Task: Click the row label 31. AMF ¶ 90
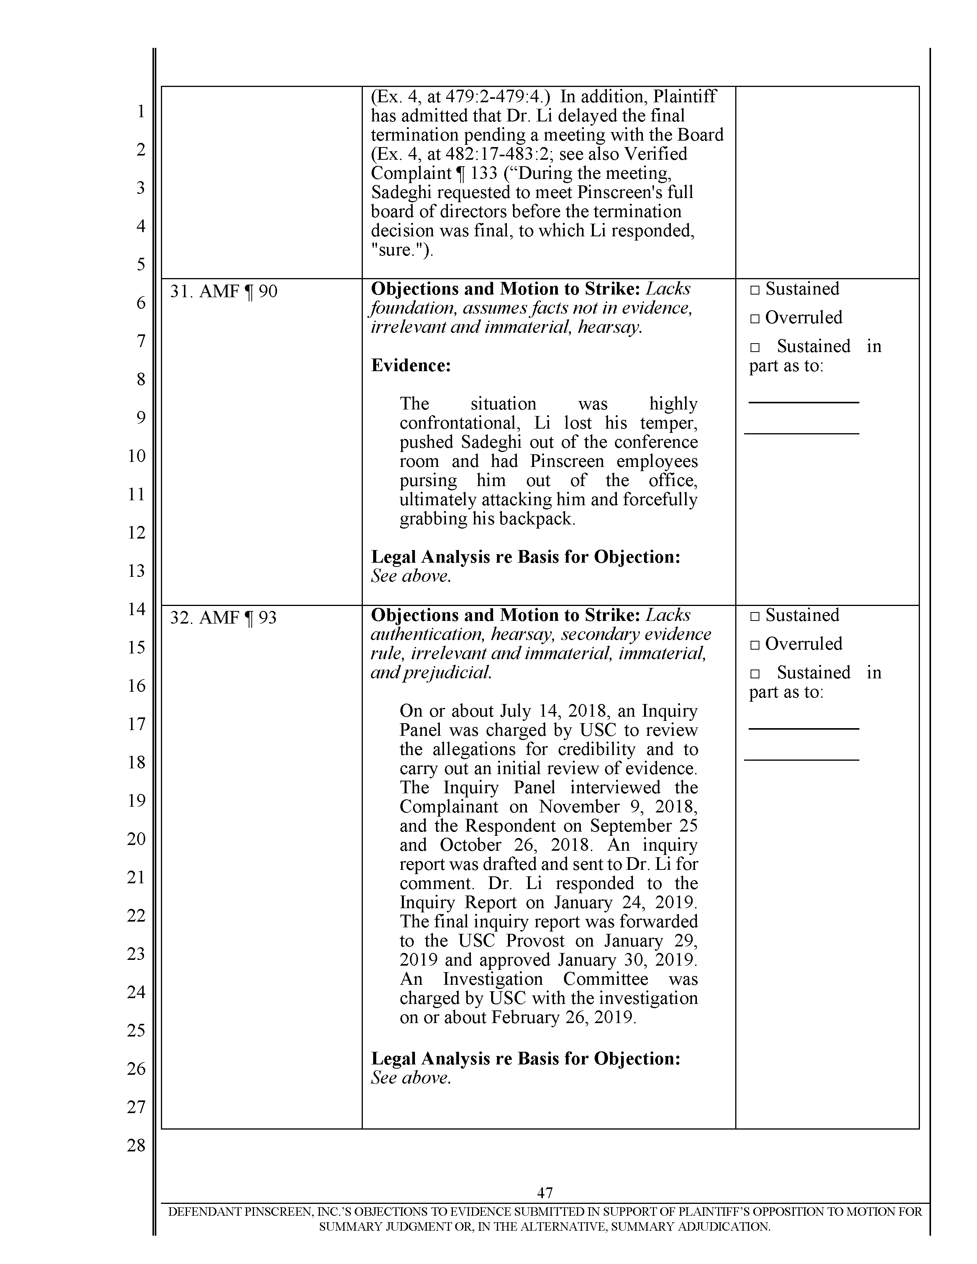223,291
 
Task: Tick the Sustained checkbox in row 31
754,290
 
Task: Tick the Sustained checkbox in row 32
754,616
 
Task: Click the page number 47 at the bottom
545,1192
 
